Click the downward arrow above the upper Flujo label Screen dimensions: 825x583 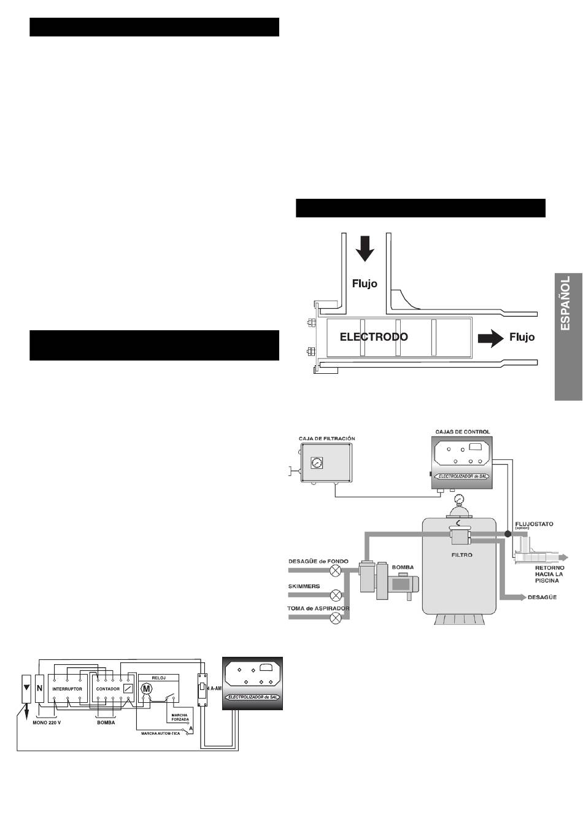[365, 248]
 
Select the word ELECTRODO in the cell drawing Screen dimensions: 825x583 [374, 336]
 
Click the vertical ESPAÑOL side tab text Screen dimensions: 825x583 [566, 304]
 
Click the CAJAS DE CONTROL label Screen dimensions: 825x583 [461, 432]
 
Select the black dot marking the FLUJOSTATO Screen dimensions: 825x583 [508, 533]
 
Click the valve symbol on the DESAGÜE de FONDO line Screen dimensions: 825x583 [336, 571]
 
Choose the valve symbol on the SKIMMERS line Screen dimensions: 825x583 [336, 595]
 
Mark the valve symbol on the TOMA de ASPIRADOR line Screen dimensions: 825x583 [336, 618]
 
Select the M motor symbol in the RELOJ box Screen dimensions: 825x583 [146, 689]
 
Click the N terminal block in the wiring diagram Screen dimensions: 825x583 [40, 688]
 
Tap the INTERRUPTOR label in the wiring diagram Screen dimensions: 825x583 [68, 689]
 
